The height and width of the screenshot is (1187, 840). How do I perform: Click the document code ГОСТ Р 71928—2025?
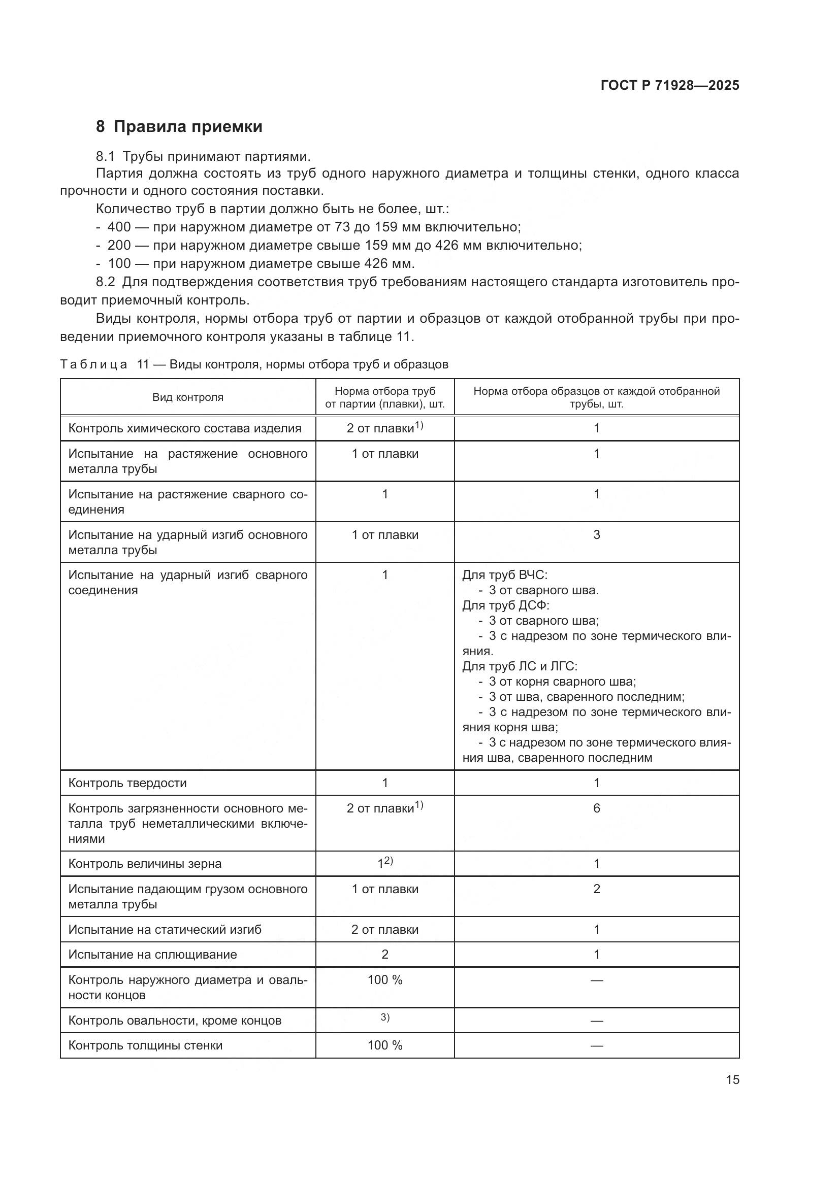coord(670,85)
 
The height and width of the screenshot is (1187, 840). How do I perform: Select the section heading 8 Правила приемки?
coord(179,127)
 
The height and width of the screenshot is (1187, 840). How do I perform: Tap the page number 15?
coord(732,1079)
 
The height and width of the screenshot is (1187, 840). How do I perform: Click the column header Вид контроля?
coord(188,397)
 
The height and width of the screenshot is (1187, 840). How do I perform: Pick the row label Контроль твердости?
coord(127,783)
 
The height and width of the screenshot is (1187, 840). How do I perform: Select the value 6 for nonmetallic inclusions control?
coord(596,808)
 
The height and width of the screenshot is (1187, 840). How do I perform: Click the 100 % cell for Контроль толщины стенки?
coord(385,1045)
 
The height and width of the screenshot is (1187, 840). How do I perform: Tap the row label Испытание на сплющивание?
coord(152,955)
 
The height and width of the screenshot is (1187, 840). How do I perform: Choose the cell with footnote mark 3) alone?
coord(385,1018)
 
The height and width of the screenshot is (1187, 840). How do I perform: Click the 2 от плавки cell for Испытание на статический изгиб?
coord(385,930)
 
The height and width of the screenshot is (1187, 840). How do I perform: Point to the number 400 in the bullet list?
coord(119,227)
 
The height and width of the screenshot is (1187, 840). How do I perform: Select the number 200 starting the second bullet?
coord(119,245)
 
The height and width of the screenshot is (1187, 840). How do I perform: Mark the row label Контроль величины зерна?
coord(145,863)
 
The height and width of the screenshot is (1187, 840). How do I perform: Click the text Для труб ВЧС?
coord(505,575)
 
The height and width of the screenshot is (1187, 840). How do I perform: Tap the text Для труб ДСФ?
coord(506,605)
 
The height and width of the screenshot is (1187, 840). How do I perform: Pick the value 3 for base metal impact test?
coord(596,534)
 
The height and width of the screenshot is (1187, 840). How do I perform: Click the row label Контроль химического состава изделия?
coord(185,428)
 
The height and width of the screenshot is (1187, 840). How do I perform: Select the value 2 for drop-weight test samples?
coord(596,889)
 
